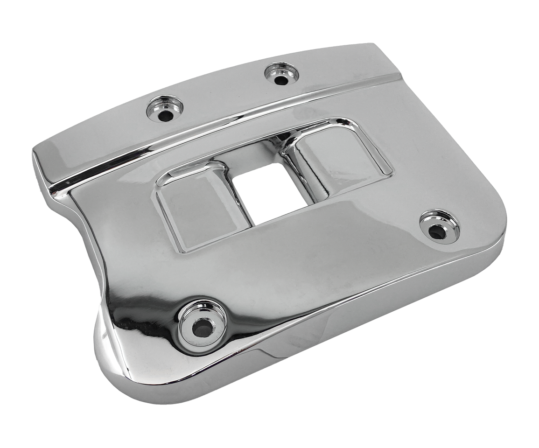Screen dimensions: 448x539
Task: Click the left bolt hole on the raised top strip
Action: (x=165, y=110)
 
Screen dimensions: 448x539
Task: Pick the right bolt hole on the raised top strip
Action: (x=280, y=77)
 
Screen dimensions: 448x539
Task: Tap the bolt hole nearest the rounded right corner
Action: (x=438, y=229)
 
